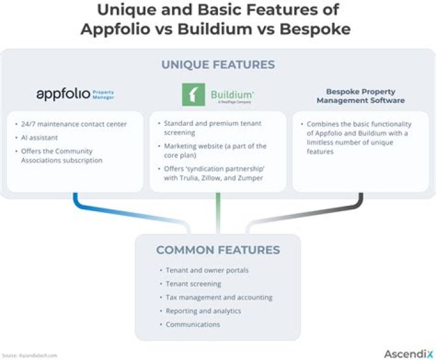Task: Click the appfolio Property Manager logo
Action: pos(75,94)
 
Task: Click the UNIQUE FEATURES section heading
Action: pos(217,65)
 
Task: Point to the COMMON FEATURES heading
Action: pos(217,250)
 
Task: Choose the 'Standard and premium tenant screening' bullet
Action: pos(212,128)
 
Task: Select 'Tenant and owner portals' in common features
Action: pos(206,270)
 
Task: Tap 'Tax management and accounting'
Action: pos(219,298)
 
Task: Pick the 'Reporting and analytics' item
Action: pos(203,311)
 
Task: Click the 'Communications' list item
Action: pos(193,324)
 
